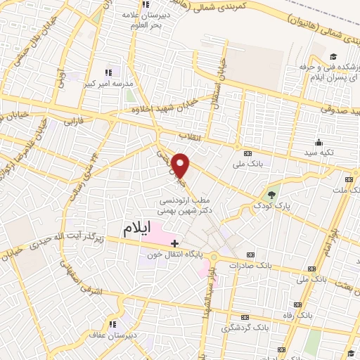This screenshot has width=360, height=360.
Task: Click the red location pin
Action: click(181, 164)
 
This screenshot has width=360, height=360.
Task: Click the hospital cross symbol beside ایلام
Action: click(174, 243)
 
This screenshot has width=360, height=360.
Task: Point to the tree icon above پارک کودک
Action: click(272, 195)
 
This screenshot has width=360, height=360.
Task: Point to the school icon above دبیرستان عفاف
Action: click(113, 324)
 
